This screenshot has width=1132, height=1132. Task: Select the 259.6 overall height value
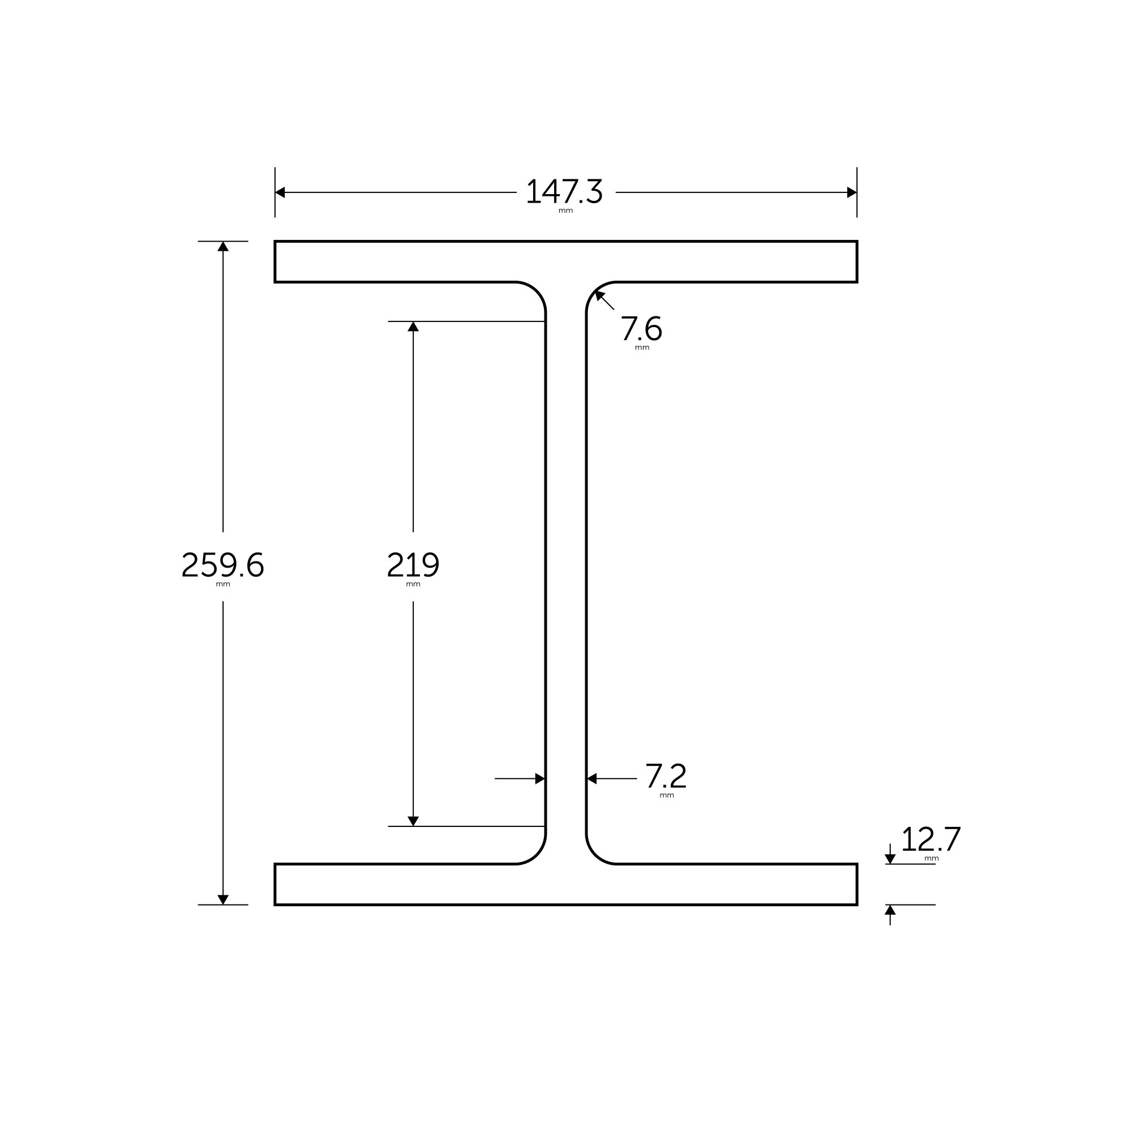(x=222, y=565)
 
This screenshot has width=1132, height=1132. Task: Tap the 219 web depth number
(x=413, y=565)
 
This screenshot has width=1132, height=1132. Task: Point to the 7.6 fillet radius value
(x=641, y=328)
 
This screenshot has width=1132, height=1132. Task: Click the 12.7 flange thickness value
(x=931, y=839)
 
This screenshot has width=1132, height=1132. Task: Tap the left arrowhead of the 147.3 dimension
(x=280, y=192)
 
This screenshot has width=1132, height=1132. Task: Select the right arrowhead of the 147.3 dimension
(x=852, y=192)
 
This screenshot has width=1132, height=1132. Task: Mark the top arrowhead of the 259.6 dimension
(x=222, y=247)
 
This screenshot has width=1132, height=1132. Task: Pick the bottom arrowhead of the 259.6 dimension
(x=222, y=899)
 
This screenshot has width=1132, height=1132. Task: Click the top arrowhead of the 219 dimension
(x=413, y=327)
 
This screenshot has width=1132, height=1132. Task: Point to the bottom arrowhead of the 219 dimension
(x=413, y=821)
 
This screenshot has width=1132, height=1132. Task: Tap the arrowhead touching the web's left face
(x=539, y=779)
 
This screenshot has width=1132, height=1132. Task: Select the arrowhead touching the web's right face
(x=592, y=779)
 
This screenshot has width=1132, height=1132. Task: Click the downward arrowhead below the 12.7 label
(x=890, y=859)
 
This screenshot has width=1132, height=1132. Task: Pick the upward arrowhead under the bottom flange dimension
(x=890, y=910)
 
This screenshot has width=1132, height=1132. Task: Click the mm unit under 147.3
(x=565, y=211)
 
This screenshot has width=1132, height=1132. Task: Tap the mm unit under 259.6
(x=222, y=584)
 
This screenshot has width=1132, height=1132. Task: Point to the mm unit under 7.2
(x=667, y=795)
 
